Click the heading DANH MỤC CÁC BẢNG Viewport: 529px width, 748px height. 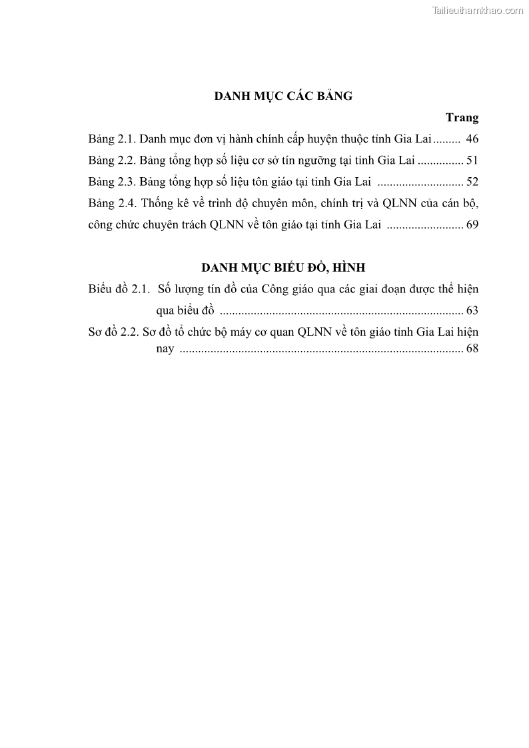[x=283, y=96]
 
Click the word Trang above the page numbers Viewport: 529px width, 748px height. [x=462, y=118]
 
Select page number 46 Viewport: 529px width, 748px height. [x=472, y=139]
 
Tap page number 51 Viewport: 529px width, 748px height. [x=472, y=161]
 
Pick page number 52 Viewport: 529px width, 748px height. [x=472, y=182]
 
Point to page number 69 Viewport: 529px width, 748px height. [x=472, y=224]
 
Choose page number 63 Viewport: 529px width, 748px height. [x=472, y=310]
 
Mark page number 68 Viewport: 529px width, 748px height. [x=472, y=348]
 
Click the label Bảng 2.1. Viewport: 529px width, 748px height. [x=112, y=139]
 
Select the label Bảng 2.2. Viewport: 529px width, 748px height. [x=112, y=161]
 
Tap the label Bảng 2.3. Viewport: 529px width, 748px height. [x=112, y=182]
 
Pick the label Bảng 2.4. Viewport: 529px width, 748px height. [x=112, y=203]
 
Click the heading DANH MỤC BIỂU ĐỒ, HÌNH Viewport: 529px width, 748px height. [x=283, y=268]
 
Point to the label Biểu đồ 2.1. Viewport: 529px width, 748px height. [x=117, y=289]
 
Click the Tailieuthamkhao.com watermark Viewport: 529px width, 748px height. [x=478, y=10]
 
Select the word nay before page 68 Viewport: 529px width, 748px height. [x=165, y=349]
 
